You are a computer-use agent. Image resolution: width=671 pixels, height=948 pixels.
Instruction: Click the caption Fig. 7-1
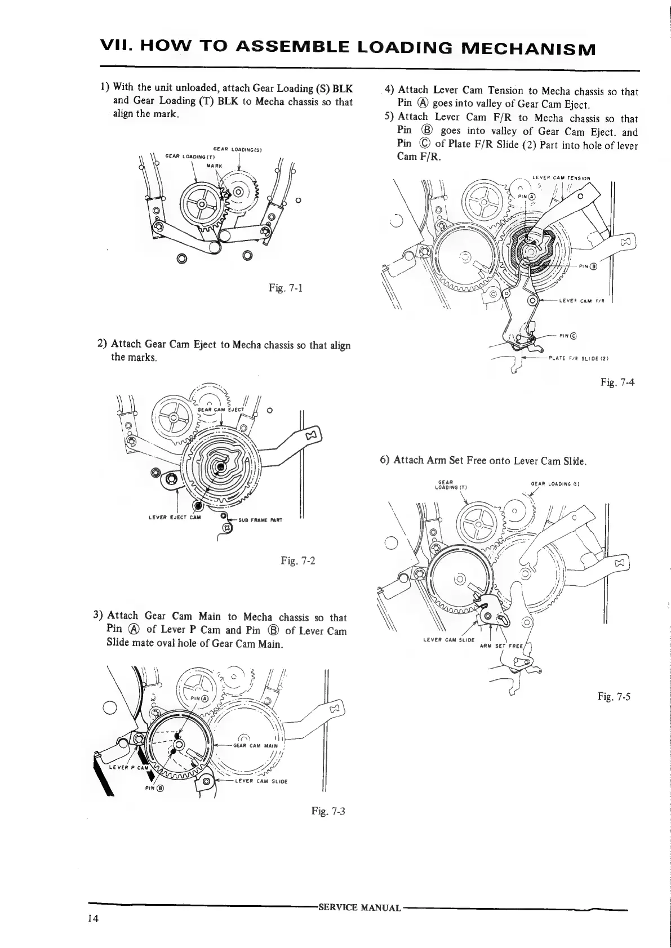pos(286,289)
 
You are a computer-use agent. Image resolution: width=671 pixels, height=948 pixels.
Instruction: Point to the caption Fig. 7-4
pos(617,382)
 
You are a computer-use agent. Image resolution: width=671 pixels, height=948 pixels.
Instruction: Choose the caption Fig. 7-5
pos(614,697)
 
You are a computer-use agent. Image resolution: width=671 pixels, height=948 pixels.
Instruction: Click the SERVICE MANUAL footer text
pos(359,907)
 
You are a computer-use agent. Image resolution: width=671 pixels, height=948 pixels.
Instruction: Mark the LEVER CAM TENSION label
pos(561,179)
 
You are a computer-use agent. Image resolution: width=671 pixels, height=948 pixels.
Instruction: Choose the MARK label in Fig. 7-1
pos(215,166)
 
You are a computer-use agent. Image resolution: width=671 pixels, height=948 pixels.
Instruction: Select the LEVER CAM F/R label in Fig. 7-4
pos(581,301)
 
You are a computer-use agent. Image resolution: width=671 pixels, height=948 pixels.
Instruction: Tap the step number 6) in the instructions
pos(385,460)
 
